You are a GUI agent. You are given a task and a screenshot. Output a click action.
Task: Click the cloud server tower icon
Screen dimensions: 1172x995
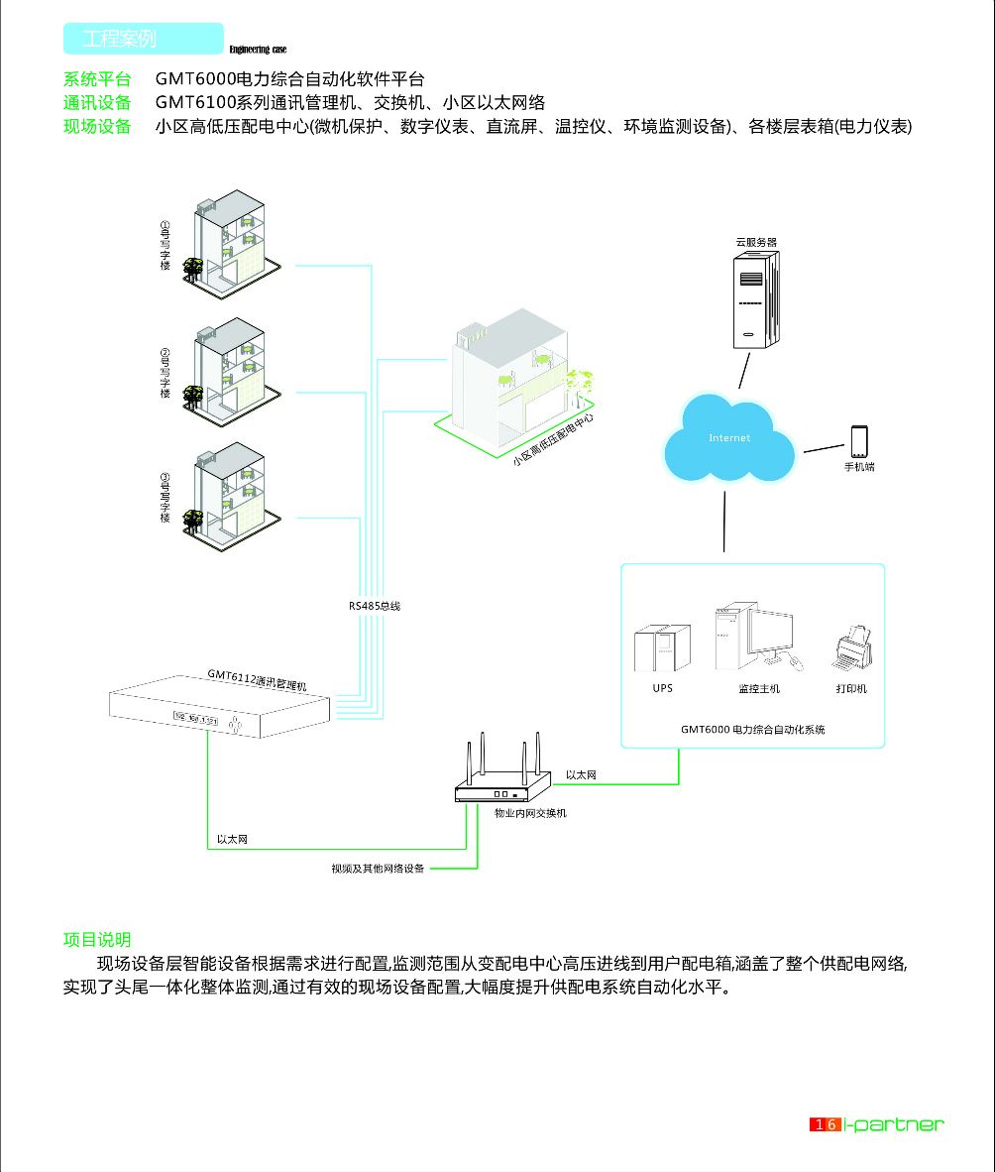click(x=755, y=299)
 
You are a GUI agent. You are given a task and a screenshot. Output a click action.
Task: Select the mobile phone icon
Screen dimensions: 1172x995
click(x=858, y=441)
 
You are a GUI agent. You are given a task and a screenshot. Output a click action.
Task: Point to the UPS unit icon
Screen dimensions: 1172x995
click(x=662, y=647)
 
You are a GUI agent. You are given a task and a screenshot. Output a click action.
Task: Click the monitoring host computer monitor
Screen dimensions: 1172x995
click(x=769, y=633)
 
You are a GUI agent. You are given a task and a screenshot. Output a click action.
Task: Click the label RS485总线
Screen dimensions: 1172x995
click(x=374, y=605)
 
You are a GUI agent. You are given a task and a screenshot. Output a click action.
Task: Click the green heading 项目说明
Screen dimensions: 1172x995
click(x=97, y=940)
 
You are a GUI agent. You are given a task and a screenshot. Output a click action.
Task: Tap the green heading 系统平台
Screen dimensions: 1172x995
click(x=97, y=79)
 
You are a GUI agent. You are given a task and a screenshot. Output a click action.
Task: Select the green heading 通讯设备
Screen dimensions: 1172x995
click(x=97, y=103)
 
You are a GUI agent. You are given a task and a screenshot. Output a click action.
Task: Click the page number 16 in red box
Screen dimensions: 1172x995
click(x=826, y=1124)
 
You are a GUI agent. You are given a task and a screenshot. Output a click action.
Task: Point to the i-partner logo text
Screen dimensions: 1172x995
click(x=896, y=1124)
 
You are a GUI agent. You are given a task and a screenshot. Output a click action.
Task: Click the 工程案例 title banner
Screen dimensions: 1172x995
click(x=143, y=39)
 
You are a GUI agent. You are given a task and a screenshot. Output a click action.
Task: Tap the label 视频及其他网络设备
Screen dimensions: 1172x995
click(x=378, y=869)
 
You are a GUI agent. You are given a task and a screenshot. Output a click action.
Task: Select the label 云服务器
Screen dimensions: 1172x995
click(x=755, y=241)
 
